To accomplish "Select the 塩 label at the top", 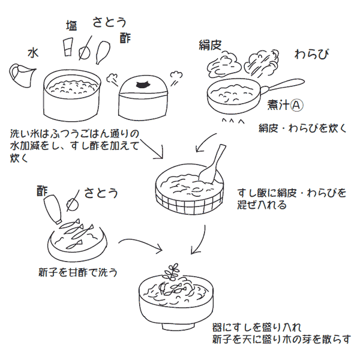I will click(x=71, y=25).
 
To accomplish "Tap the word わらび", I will click(x=311, y=55).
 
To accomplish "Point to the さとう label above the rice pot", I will click(x=109, y=22).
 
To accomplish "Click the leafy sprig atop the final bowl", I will click(x=175, y=270).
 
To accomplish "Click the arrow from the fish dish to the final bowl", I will click(x=141, y=245).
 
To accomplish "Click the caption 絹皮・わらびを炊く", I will click(x=303, y=128).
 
